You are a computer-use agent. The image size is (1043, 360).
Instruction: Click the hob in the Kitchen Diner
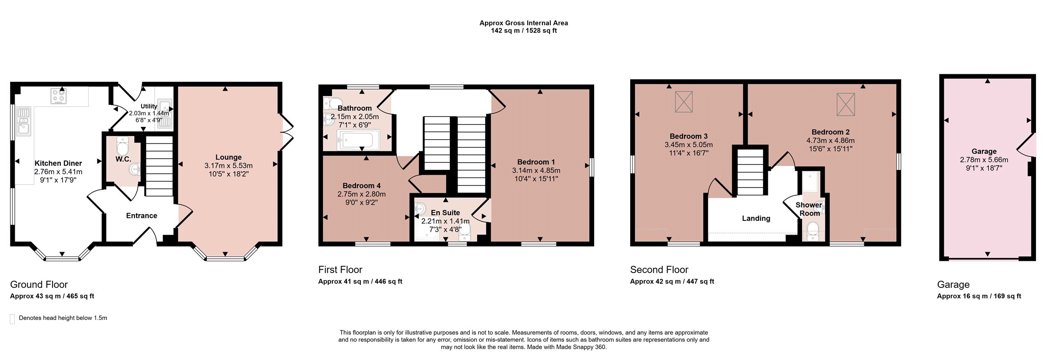(x=58, y=96)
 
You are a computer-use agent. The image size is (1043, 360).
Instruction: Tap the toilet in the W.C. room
(x=123, y=146)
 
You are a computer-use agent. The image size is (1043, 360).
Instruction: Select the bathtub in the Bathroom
(x=357, y=140)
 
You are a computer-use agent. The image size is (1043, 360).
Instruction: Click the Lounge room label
(x=229, y=157)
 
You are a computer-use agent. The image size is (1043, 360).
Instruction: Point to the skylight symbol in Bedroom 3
(x=684, y=102)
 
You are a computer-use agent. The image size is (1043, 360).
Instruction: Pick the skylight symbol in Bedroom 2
(x=846, y=105)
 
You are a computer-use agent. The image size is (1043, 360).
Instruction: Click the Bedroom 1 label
(x=536, y=162)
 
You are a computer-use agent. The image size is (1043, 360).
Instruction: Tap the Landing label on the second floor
(x=756, y=218)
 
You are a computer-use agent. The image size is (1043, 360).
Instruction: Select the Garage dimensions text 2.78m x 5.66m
(x=984, y=160)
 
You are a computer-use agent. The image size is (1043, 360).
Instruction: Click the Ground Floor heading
(x=39, y=284)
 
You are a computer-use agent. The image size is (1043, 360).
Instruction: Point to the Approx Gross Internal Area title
(x=524, y=23)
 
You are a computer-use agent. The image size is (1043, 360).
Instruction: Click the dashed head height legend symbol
(x=12, y=319)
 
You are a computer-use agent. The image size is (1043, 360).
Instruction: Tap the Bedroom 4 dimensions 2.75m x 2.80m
(x=362, y=194)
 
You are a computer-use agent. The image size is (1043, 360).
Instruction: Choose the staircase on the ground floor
(x=159, y=166)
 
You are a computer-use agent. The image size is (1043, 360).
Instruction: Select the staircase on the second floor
(x=750, y=172)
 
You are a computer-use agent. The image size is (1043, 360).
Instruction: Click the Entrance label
(x=142, y=216)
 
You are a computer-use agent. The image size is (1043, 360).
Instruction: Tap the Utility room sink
(x=165, y=107)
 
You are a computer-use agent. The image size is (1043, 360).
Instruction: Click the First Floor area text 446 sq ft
(x=389, y=282)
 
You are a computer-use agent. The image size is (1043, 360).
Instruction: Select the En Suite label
(x=445, y=213)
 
